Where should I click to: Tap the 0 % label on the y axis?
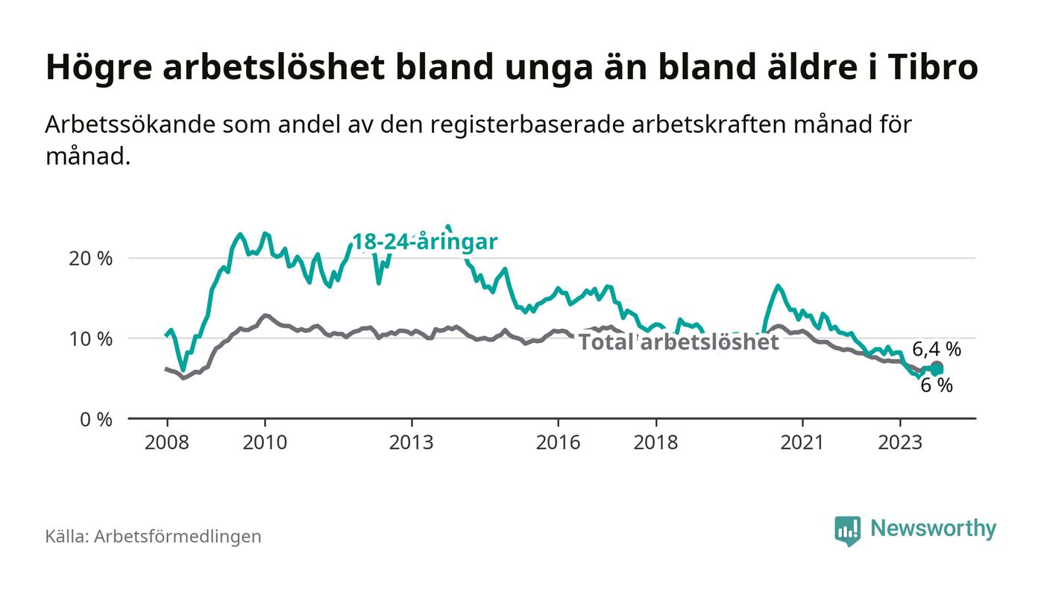click(x=97, y=420)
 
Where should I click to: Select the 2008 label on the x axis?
click(x=166, y=442)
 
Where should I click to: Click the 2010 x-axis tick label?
click(x=265, y=442)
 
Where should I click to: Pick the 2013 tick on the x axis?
click(x=411, y=442)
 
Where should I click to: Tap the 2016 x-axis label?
click(x=558, y=442)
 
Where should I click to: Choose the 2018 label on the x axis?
click(x=655, y=442)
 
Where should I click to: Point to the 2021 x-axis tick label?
click(x=802, y=442)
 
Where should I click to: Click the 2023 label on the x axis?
click(x=900, y=442)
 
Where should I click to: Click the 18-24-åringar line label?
click(x=424, y=242)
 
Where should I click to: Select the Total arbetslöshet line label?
click(x=679, y=342)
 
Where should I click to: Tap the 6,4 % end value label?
click(x=937, y=349)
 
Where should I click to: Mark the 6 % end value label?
click(x=937, y=385)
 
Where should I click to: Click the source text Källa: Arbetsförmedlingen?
click(x=153, y=536)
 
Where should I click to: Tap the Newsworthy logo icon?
click(x=847, y=530)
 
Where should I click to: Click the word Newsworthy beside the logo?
click(x=933, y=529)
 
